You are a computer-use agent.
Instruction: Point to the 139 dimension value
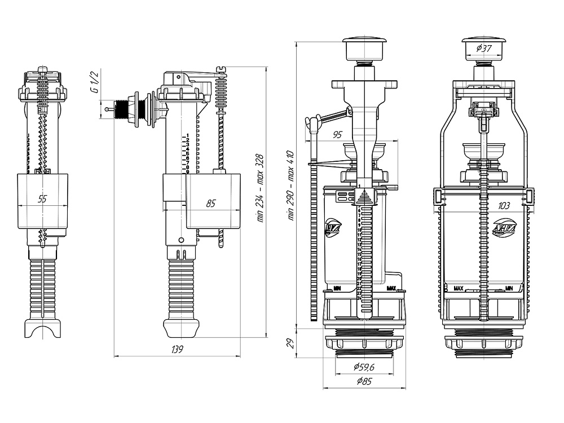pyautogui.click(x=177, y=349)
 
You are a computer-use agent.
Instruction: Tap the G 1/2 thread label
pyautogui.click(x=95, y=83)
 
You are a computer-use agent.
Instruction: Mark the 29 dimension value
pyautogui.click(x=290, y=342)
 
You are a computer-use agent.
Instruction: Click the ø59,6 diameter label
pyautogui.click(x=364, y=367)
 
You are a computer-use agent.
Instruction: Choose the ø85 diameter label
pyautogui.click(x=364, y=382)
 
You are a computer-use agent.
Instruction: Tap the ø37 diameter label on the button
pyautogui.click(x=484, y=49)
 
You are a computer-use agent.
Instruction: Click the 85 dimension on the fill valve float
pyautogui.click(x=210, y=203)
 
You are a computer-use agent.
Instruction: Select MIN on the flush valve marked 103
pyautogui.click(x=509, y=288)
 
